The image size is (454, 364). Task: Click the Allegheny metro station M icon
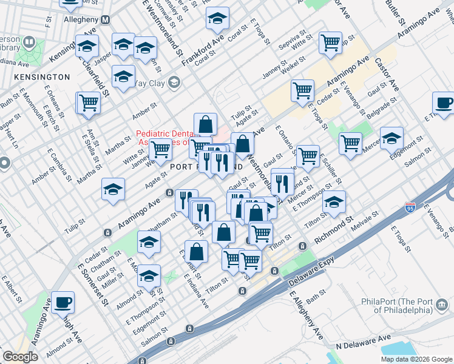[106, 20]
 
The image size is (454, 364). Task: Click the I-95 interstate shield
[410, 207]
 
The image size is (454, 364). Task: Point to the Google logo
[20, 357]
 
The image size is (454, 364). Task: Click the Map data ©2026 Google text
[416, 359]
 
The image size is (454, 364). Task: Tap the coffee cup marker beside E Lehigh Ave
[63, 301]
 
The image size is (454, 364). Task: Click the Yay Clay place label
[149, 83]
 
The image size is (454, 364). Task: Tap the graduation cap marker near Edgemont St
[391, 138]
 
